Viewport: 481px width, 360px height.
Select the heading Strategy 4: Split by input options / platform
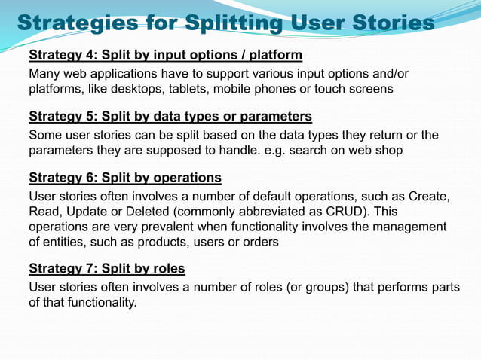point(165,55)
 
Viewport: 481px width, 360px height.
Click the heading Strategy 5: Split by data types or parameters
point(170,117)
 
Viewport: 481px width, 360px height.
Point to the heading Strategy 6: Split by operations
point(124,178)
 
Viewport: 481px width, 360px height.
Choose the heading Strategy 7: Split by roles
point(106,269)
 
